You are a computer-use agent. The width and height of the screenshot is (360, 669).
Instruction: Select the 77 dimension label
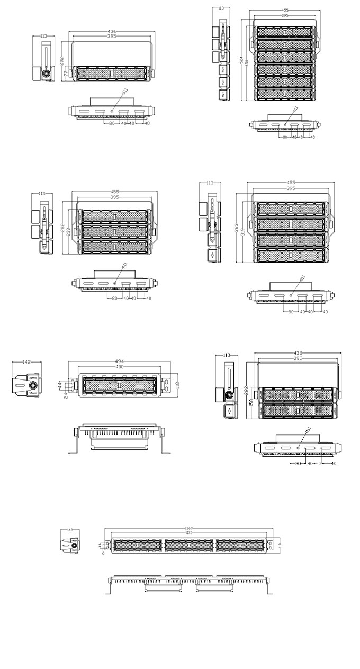(x=66, y=76)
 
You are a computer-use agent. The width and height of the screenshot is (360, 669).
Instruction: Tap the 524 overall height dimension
(x=241, y=60)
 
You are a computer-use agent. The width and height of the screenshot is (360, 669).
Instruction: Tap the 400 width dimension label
(x=119, y=367)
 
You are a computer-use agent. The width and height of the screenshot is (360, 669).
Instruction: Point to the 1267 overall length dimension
(x=189, y=528)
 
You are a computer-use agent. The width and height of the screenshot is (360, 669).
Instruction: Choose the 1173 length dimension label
(x=189, y=532)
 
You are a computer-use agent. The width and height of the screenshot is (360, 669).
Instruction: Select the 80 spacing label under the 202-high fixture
(x=112, y=123)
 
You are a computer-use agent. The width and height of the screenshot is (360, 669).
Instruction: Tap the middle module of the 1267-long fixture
(x=190, y=545)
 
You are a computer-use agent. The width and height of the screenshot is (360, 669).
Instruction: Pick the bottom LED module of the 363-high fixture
(x=291, y=255)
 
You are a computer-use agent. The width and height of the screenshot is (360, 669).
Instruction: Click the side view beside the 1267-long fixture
(x=70, y=545)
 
